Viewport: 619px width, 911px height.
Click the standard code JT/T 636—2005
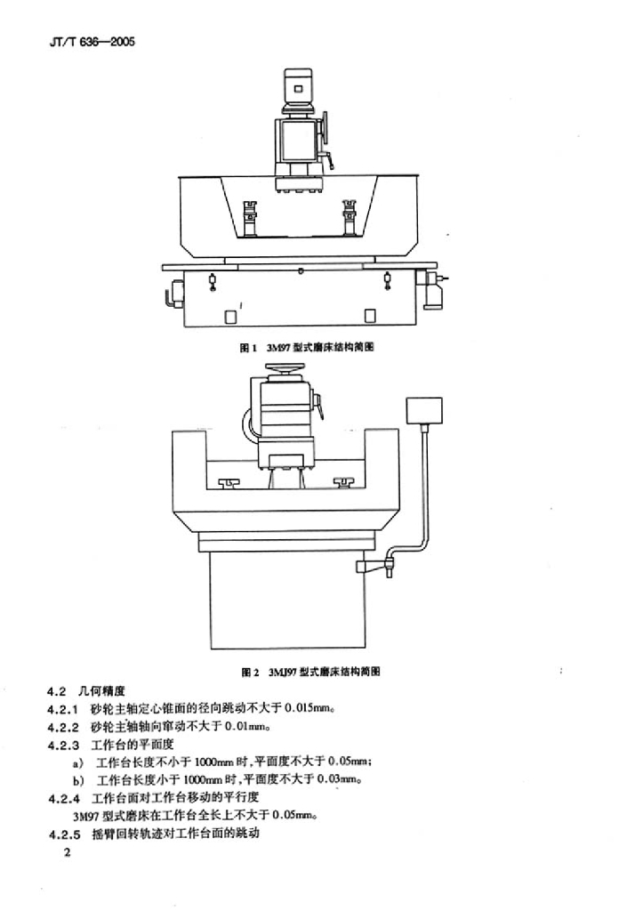pos(92,43)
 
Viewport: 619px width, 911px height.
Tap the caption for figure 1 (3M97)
pos(307,348)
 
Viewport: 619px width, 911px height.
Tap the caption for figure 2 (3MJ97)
pos(310,672)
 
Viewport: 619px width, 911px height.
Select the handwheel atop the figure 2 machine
pos(285,368)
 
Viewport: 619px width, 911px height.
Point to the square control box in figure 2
pos(424,411)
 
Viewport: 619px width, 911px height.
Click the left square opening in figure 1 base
pos(230,317)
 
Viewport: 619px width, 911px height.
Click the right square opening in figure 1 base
pos(369,317)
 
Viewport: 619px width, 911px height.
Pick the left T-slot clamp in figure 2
pos(230,482)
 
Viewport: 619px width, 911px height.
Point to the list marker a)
pos(78,762)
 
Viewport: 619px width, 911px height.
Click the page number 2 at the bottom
pos(68,853)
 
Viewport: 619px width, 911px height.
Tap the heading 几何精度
pos(101,691)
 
